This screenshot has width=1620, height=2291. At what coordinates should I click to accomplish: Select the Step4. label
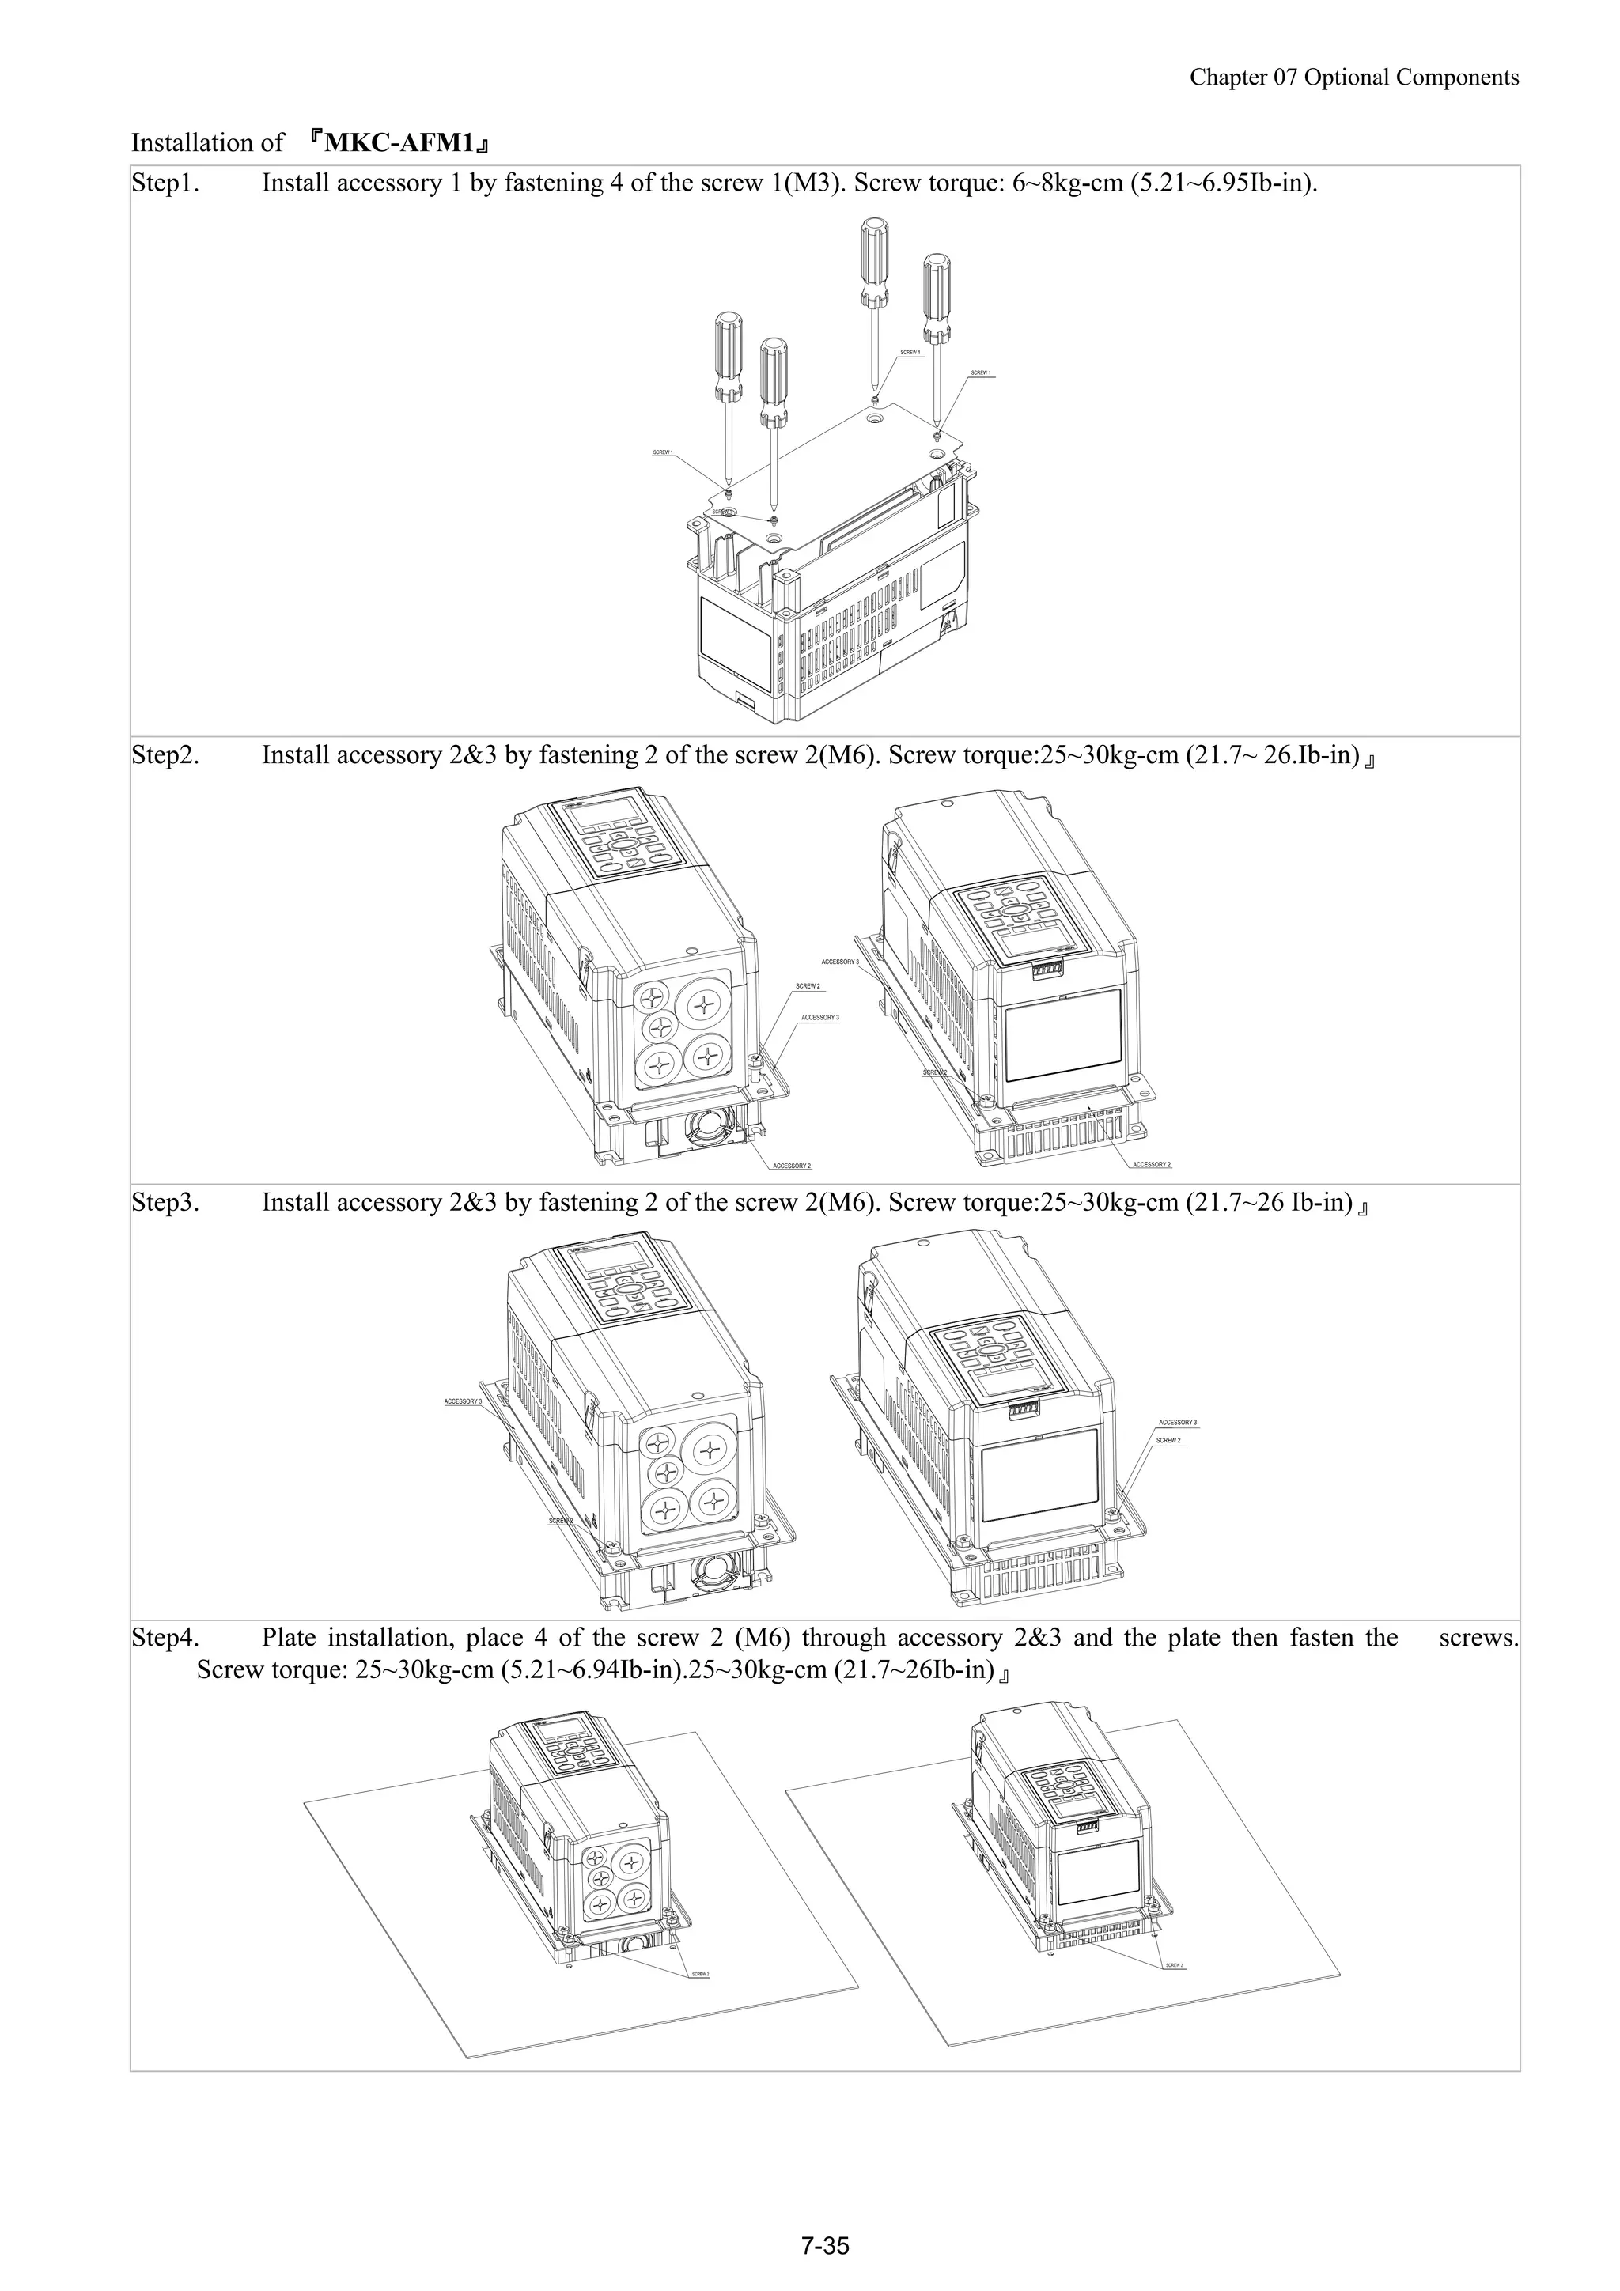pyautogui.click(x=165, y=1638)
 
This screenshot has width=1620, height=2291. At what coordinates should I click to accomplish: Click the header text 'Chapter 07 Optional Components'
pyautogui.click(x=1353, y=78)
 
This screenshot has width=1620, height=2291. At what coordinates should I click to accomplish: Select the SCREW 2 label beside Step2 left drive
pyautogui.click(x=808, y=986)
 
